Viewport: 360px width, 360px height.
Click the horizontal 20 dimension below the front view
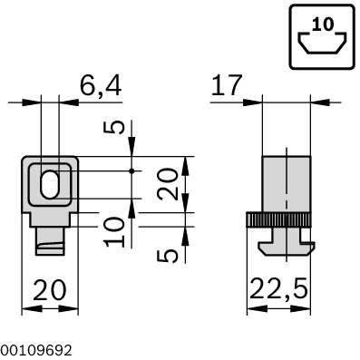pyautogui.click(x=50, y=291)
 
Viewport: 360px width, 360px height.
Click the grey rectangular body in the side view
pyautogui.click(x=285, y=185)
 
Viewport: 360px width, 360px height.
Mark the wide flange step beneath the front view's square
pyautogui.click(x=50, y=219)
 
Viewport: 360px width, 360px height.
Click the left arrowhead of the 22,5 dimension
pyautogui.click(x=253, y=309)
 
